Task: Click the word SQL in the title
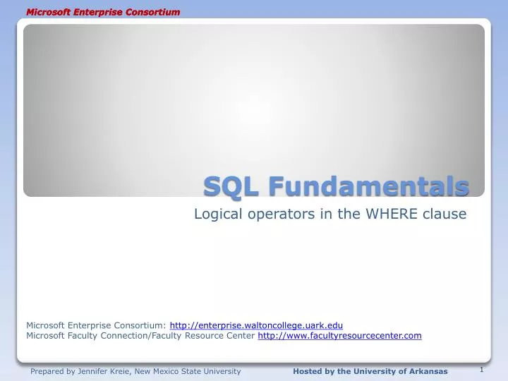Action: [x=226, y=187]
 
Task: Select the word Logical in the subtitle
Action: [x=217, y=214]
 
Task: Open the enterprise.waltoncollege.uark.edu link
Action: [x=256, y=325]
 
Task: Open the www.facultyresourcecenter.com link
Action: [x=339, y=336]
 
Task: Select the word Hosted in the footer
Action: [x=307, y=371]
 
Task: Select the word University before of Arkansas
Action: [x=371, y=371]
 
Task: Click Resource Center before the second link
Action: [x=225, y=336]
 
